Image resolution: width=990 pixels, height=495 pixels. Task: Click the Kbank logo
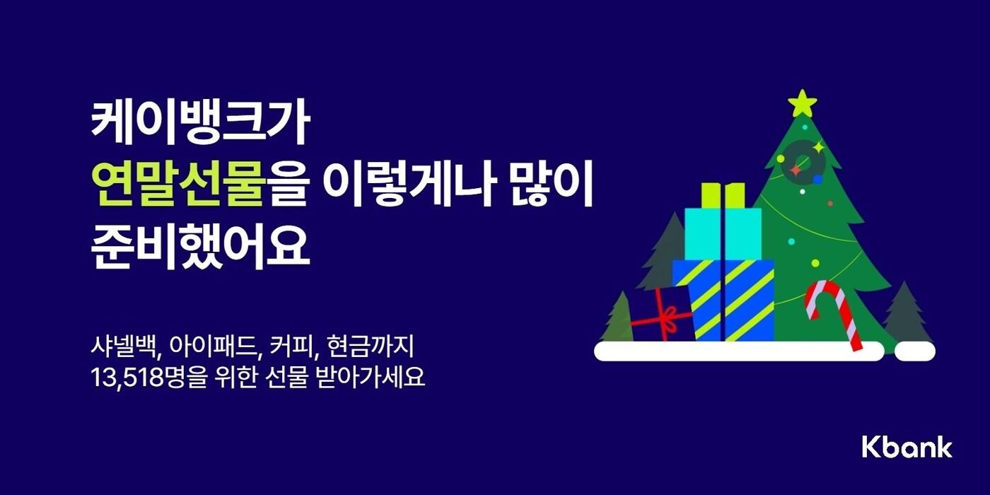click(x=907, y=447)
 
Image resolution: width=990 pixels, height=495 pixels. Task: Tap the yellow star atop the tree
click(x=802, y=103)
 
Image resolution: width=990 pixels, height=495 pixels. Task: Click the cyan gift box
click(x=723, y=233)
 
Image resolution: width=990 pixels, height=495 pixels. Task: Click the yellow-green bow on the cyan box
click(x=723, y=194)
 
